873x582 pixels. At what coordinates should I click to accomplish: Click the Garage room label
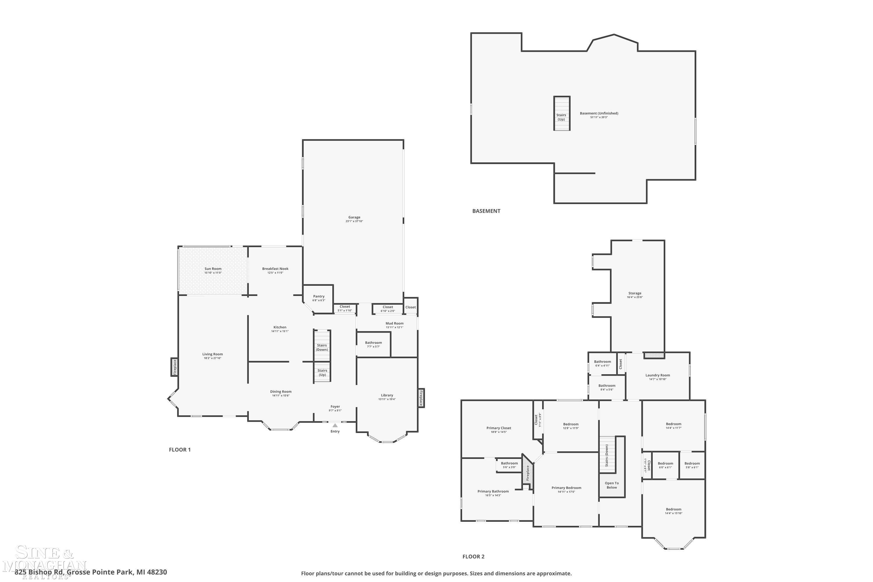354,217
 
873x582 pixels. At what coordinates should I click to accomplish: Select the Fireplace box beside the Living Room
174,367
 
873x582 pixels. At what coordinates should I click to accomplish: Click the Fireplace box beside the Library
421,398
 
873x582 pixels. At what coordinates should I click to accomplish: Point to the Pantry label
318,296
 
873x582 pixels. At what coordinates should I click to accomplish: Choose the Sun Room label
213,269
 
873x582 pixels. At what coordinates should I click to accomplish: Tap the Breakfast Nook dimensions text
275,273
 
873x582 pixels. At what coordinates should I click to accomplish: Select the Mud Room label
394,323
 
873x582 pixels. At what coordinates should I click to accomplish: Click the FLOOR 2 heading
473,556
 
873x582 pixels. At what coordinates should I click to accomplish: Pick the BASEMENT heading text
486,211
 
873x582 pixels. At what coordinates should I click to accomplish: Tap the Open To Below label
611,485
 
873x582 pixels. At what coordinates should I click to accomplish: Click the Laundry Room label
657,375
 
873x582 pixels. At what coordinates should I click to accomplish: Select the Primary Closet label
498,428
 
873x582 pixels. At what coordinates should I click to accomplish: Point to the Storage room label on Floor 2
634,293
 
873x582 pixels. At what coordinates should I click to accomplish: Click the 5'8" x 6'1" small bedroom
692,465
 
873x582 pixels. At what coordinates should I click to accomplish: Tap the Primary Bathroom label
493,491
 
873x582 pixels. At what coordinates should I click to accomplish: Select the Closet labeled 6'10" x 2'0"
388,309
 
